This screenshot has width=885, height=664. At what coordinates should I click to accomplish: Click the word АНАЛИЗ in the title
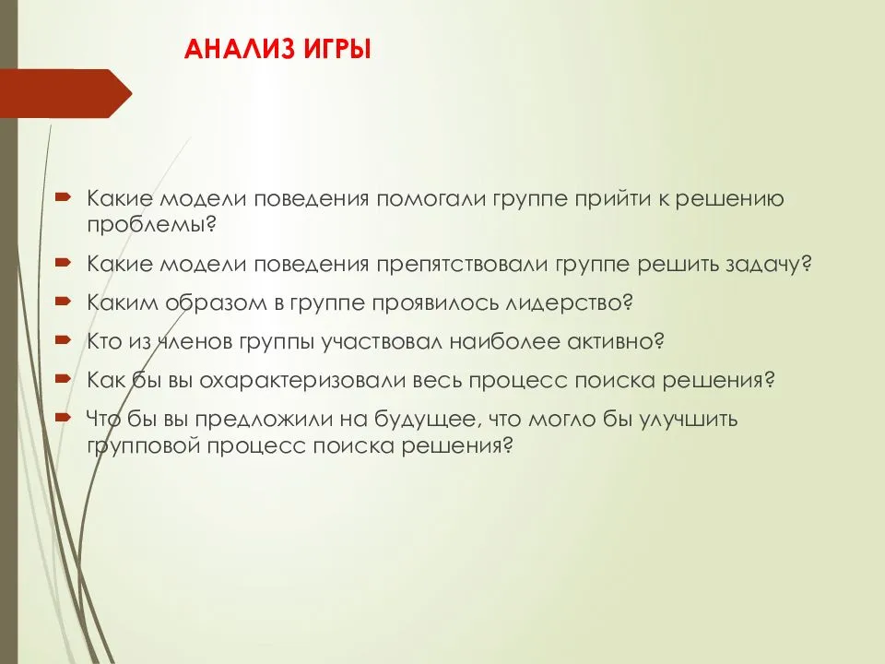(x=240, y=50)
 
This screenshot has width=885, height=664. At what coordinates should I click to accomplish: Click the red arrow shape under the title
(x=66, y=93)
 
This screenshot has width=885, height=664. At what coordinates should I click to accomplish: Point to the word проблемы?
(x=152, y=225)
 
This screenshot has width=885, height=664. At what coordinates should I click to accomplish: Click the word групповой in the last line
(x=143, y=446)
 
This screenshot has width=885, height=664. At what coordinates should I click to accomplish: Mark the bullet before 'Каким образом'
(x=63, y=302)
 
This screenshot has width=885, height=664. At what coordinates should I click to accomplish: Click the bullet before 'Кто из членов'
(x=63, y=340)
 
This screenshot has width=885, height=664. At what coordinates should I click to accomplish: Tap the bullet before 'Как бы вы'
(x=63, y=379)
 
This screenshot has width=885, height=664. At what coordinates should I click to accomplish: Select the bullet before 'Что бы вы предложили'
(x=63, y=418)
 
